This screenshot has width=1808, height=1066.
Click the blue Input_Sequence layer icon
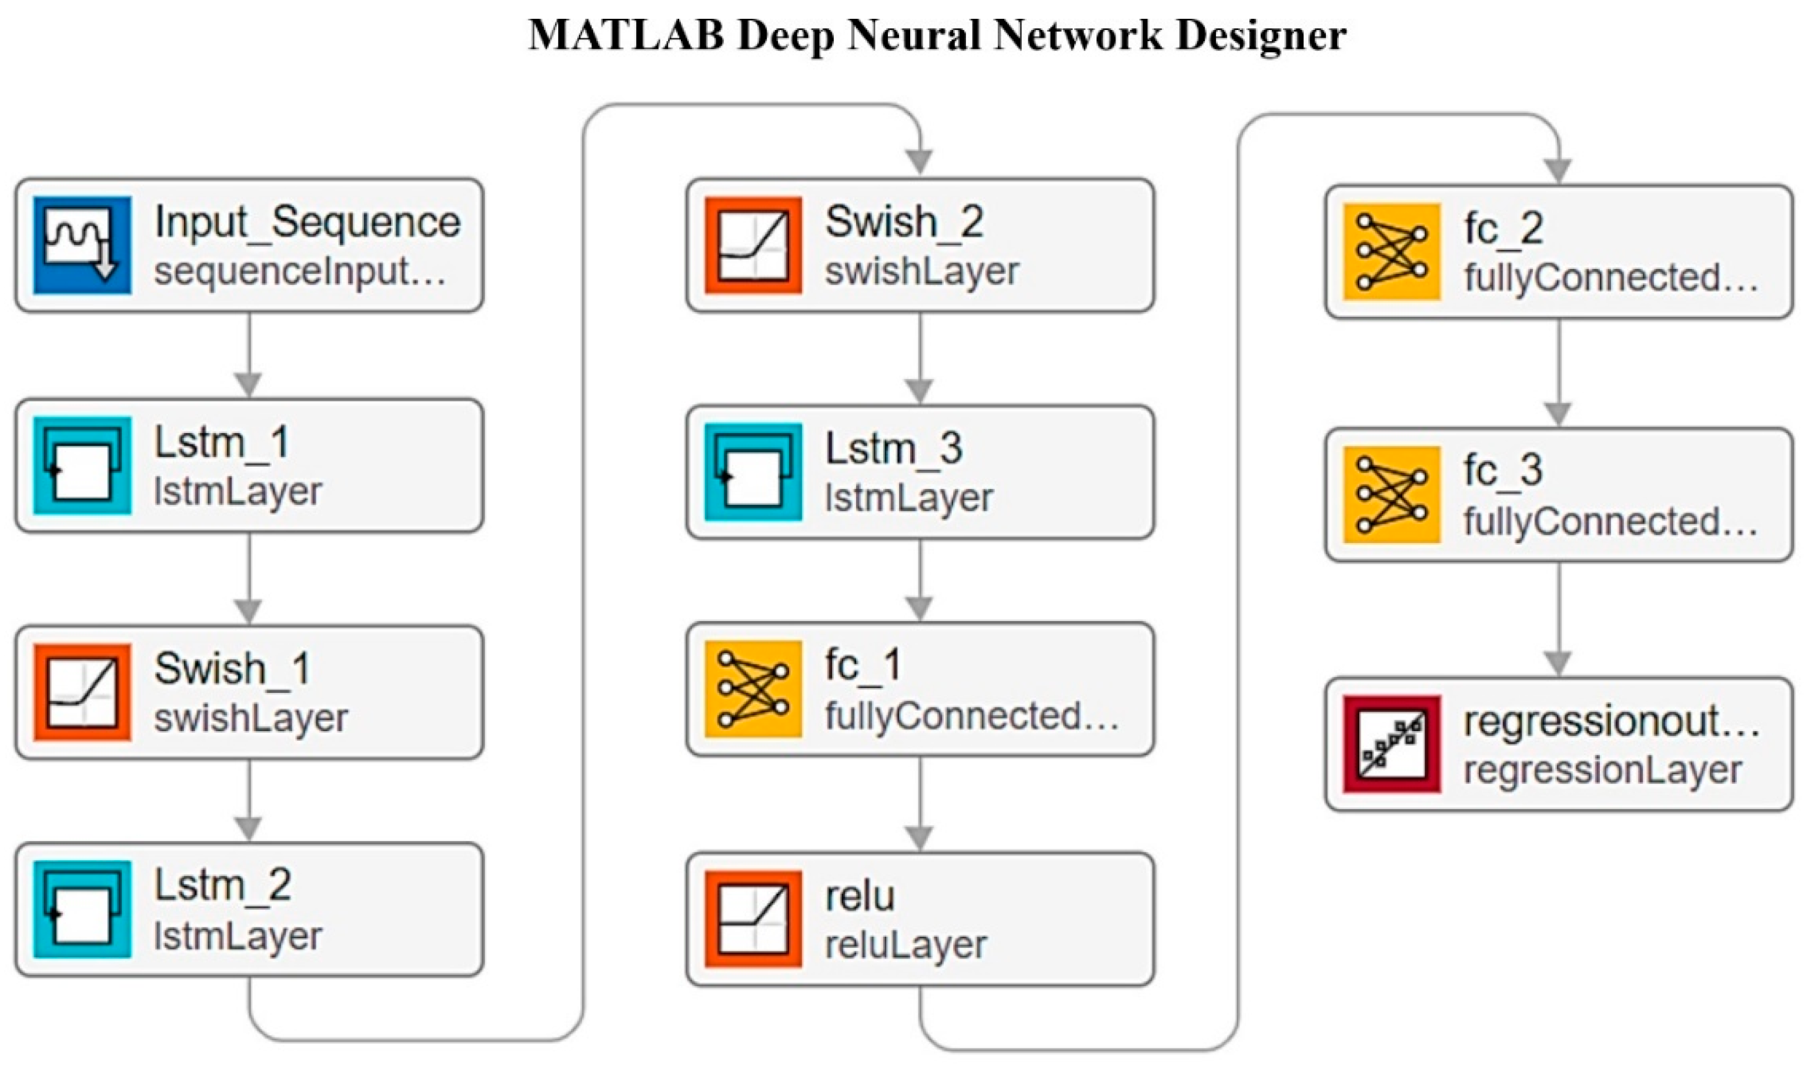click(82, 245)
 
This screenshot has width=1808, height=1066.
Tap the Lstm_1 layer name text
click(221, 443)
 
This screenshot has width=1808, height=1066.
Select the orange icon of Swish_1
click(82, 692)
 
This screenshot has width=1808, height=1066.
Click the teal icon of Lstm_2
click(82, 910)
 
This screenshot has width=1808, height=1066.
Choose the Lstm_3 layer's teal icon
click(753, 472)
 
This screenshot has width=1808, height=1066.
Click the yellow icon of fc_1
click(753, 689)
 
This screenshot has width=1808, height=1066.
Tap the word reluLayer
click(905, 946)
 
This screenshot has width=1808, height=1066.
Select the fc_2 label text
click(1503, 229)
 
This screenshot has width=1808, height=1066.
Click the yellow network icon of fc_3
click(1392, 494)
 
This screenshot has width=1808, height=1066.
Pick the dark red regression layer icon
click(1392, 744)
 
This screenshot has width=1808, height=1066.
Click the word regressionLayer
click(1602, 772)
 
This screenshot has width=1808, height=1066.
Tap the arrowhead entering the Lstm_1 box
click(249, 384)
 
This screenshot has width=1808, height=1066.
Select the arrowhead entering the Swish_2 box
click(920, 162)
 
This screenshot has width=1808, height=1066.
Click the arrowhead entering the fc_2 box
click(1558, 170)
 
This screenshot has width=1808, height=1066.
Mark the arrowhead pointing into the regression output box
click(1558, 662)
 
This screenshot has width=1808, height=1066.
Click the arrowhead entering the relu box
click(920, 837)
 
